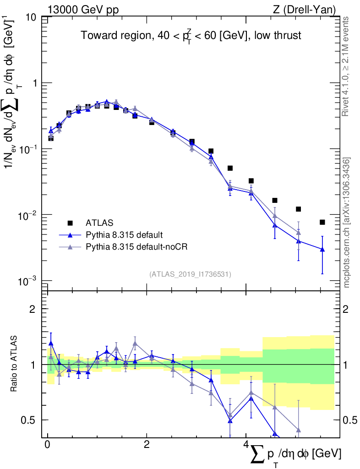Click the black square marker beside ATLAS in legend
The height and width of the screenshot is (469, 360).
70,223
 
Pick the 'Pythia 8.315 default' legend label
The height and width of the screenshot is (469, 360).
124,235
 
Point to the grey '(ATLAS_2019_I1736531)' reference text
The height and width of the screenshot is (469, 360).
190,274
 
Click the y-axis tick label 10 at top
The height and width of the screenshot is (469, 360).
31,17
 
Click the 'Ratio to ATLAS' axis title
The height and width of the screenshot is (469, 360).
14,364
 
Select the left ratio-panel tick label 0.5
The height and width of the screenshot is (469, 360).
31,420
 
